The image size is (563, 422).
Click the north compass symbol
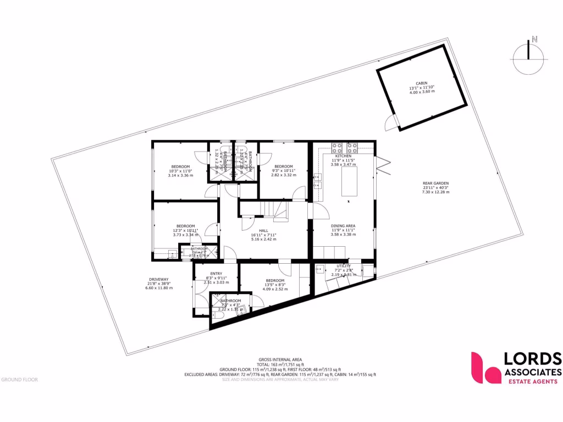(x=528, y=53)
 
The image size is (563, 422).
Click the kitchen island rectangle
(x=349, y=181)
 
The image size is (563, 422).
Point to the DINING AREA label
(x=343, y=226)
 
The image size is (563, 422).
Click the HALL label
(x=263, y=231)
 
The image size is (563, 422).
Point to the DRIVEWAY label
(x=158, y=279)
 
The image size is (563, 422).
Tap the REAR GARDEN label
(x=436, y=184)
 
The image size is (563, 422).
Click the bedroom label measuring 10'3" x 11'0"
(x=180, y=166)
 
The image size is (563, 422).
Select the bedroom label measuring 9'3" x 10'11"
(x=283, y=166)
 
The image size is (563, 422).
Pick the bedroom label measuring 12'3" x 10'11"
(x=186, y=226)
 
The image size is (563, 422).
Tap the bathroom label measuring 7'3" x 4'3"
(x=230, y=301)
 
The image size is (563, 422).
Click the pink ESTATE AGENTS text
(x=531, y=381)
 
